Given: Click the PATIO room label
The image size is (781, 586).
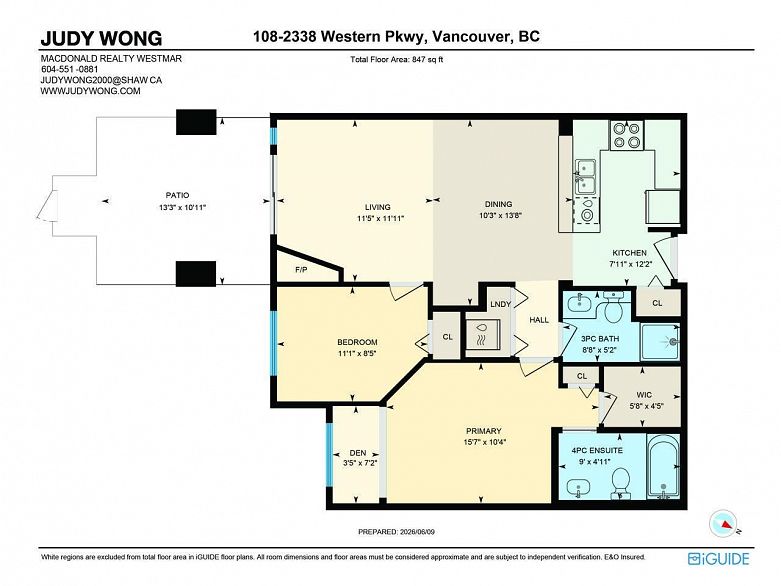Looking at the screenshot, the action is (x=177, y=195).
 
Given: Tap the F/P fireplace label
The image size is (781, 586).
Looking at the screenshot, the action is (x=301, y=270).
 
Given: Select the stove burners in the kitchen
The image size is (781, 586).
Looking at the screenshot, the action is (x=627, y=135).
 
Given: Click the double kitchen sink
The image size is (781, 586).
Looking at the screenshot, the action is (x=586, y=177).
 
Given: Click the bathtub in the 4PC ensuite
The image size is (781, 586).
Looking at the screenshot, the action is (x=663, y=467).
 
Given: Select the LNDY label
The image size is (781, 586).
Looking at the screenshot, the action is (x=501, y=304).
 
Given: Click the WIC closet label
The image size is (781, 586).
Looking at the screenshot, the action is (x=644, y=395).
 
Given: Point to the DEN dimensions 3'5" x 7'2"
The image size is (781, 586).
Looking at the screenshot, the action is (x=358, y=463).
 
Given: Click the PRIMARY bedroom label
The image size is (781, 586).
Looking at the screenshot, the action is (x=484, y=431).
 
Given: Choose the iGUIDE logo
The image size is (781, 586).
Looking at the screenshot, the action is (x=718, y=559).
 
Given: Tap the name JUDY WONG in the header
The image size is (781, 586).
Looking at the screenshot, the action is (x=101, y=38).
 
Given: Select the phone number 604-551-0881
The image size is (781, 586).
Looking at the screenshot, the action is (x=69, y=69).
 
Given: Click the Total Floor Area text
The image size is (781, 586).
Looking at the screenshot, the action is (x=396, y=59).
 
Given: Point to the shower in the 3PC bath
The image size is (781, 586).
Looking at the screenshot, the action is (x=660, y=342).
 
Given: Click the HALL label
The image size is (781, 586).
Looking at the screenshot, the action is (x=539, y=320).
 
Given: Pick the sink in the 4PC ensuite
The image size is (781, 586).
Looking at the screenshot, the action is (x=578, y=486).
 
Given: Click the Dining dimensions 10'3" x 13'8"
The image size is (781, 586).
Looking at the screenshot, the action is (x=498, y=215).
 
